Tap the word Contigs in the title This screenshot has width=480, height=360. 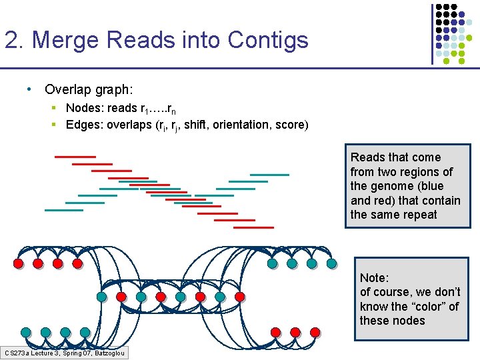[x=268, y=40]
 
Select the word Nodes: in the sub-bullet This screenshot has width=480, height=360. [x=84, y=108]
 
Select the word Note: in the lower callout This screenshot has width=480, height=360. [x=374, y=277]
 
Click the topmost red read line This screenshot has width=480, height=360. [x=75, y=157]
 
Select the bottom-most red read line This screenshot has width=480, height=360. [x=253, y=227]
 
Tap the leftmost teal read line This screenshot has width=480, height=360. [x=64, y=210]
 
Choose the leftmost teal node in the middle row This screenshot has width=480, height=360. [x=101, y=297]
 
